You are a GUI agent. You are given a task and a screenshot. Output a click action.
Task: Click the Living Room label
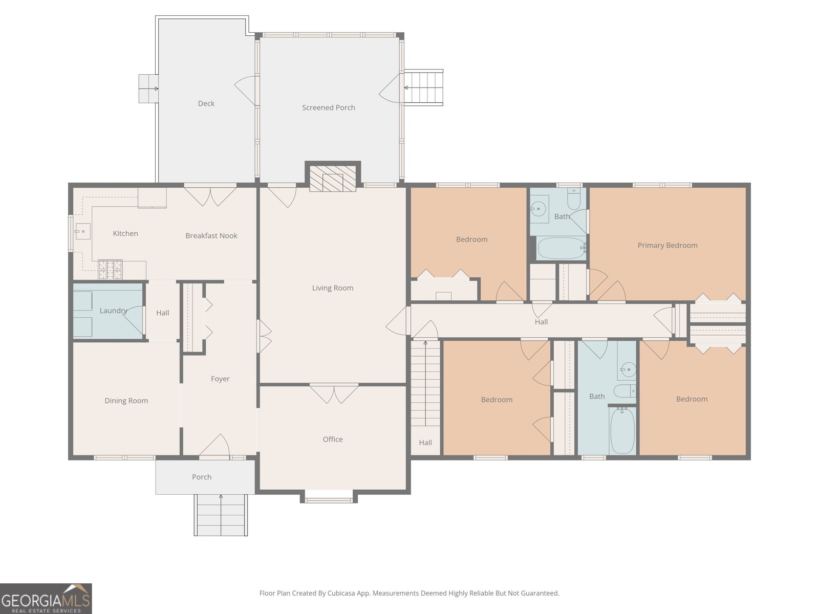pyautogui.click(x=332, y=288)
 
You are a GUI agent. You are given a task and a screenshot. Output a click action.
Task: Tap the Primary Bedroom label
pyautogui.click(x=667, y=245)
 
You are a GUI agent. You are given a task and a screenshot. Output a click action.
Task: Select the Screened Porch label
pyautogui.click(x=328, y=107)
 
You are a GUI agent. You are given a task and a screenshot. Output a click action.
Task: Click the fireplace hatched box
pyautogui.click(x=332, y=178)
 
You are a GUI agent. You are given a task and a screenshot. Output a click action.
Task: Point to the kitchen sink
pyautogui.click(x=82, y=231)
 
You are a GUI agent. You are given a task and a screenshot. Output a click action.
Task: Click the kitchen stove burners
pyautogui.click(x=110, y=270)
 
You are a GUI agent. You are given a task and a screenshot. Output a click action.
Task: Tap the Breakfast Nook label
pyautogui.click(x=211, y=235)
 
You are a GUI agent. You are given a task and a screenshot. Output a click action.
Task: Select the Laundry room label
pyautogui.click(x=114, y=311)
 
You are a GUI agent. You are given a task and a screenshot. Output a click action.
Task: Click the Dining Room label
pyautogui.click(x=126, y=401)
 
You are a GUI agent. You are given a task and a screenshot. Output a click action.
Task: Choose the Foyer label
pyautogui.click(x=220, y=379)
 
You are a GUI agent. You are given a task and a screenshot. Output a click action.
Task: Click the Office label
pyautogui.click(x=332, y=439)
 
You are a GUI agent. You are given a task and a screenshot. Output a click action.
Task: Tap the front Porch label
pyautogui.click(x=202, y=477)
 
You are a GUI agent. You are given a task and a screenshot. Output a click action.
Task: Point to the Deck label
pyautogui.click(x=206, y=103)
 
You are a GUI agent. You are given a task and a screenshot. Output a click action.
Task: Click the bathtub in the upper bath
pyautogui.click(x=561, y=248)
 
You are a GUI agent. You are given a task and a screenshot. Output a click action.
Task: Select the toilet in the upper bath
pyautogui.click(x=574, y=199)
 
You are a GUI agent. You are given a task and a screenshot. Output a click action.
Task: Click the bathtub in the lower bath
pyautogui.click(x=622, y=431)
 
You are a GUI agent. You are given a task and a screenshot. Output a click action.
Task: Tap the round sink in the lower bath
pyautogui.click(x=629, y=370)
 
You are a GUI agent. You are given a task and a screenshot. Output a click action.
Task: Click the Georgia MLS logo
pyautogui.click(x=46, y=599)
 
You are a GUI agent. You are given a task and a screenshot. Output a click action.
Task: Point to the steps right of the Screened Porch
pyautogui.click(x=424, y=87)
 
